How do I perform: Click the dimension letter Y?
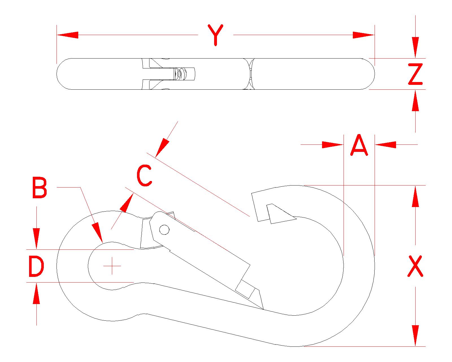coord(216,35)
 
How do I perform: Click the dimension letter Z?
coord(415,74)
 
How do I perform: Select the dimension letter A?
coord(359,145)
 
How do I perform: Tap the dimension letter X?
coord(415,266)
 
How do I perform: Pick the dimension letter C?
coord(144,176)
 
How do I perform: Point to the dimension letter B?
coord(39,188)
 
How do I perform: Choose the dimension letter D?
coord(36,266)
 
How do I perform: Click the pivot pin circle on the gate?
coord(164,230)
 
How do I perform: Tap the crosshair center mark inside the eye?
coord(112,266)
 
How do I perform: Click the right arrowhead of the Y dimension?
coord(364,35)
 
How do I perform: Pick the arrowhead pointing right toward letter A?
coord(333,145)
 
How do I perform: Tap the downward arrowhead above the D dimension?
coord(36,239)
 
